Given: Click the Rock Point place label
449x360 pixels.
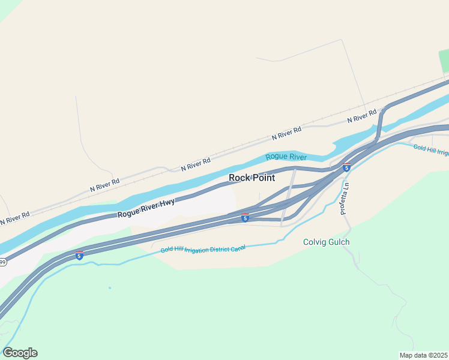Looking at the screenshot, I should [x=252, y=178].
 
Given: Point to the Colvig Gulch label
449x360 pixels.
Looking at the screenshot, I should [x=325, y=242].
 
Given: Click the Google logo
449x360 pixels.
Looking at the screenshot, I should [x=20, y=353].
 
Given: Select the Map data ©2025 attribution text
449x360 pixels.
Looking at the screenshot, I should [x=423, y=355].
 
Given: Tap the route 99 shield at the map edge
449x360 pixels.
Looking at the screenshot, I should [x=2, y=262].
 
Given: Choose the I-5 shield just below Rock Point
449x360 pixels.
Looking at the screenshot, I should [x=245, y=218].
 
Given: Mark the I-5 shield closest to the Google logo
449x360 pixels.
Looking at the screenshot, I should [x=79, y=255].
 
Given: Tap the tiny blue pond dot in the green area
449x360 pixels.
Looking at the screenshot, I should [x=110, y=288].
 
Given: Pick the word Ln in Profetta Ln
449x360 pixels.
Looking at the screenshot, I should [x=346, y=187].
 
